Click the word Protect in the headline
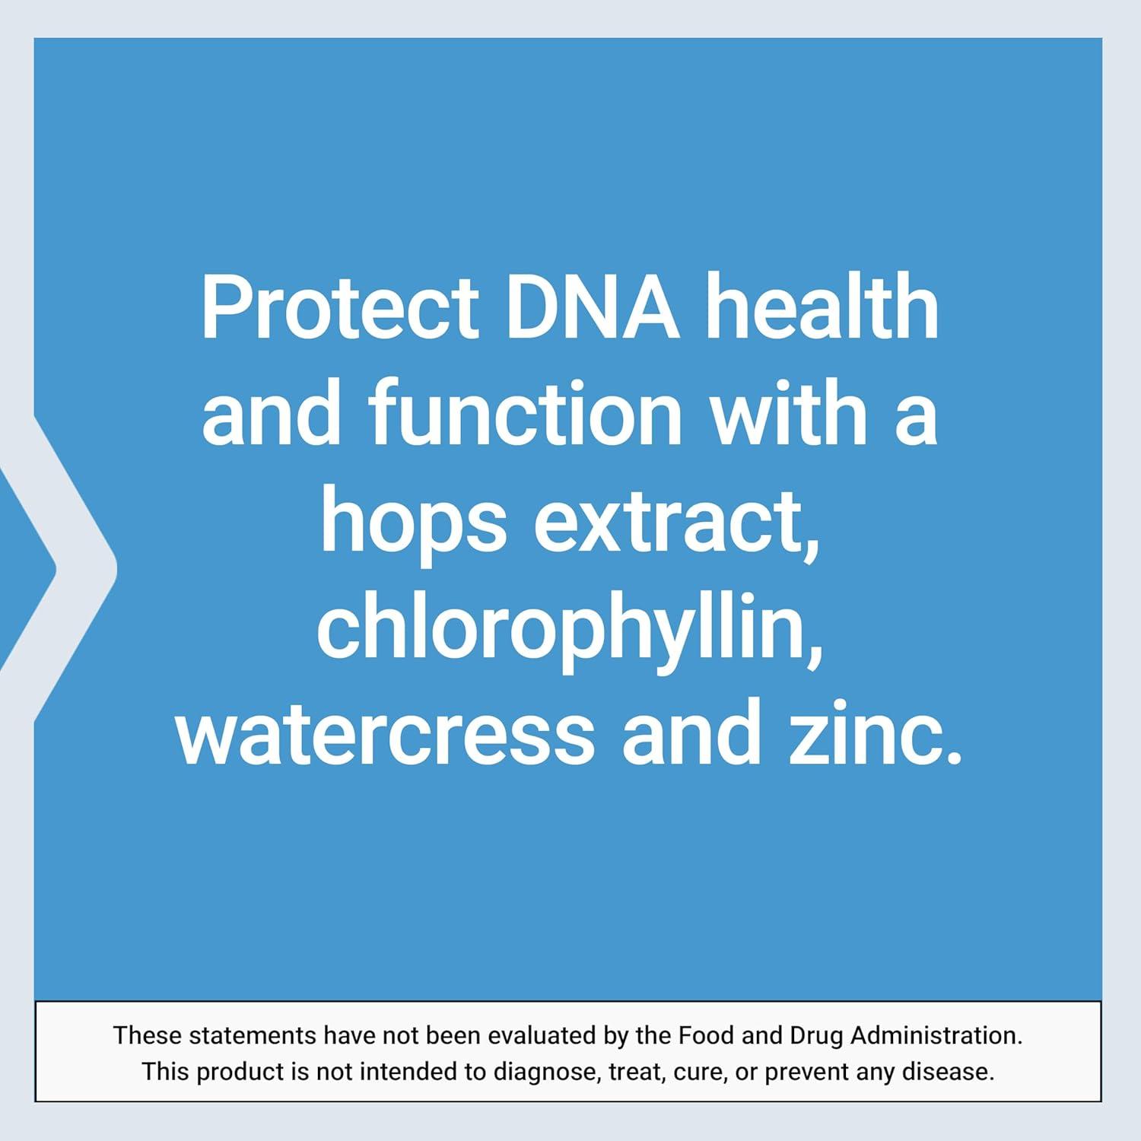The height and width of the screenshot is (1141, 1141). pyautogui.click(x=339, y=310)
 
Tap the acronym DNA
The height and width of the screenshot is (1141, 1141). pyautogui.click(x=593, y=310)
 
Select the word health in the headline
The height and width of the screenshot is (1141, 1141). pyautogui.click(x=822, y=310)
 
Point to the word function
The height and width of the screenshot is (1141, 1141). pyautogui.click(x=526, y=416)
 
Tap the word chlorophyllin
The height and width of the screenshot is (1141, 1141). pyautogui.click(x=570, y=631)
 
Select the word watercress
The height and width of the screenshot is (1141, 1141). pyautogui.click(x=385, y=736)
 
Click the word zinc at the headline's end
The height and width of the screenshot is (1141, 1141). pyautogui.click(x=875, y=736)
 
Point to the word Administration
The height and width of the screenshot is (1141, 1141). pyautogui.click(x=936, y=1035)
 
